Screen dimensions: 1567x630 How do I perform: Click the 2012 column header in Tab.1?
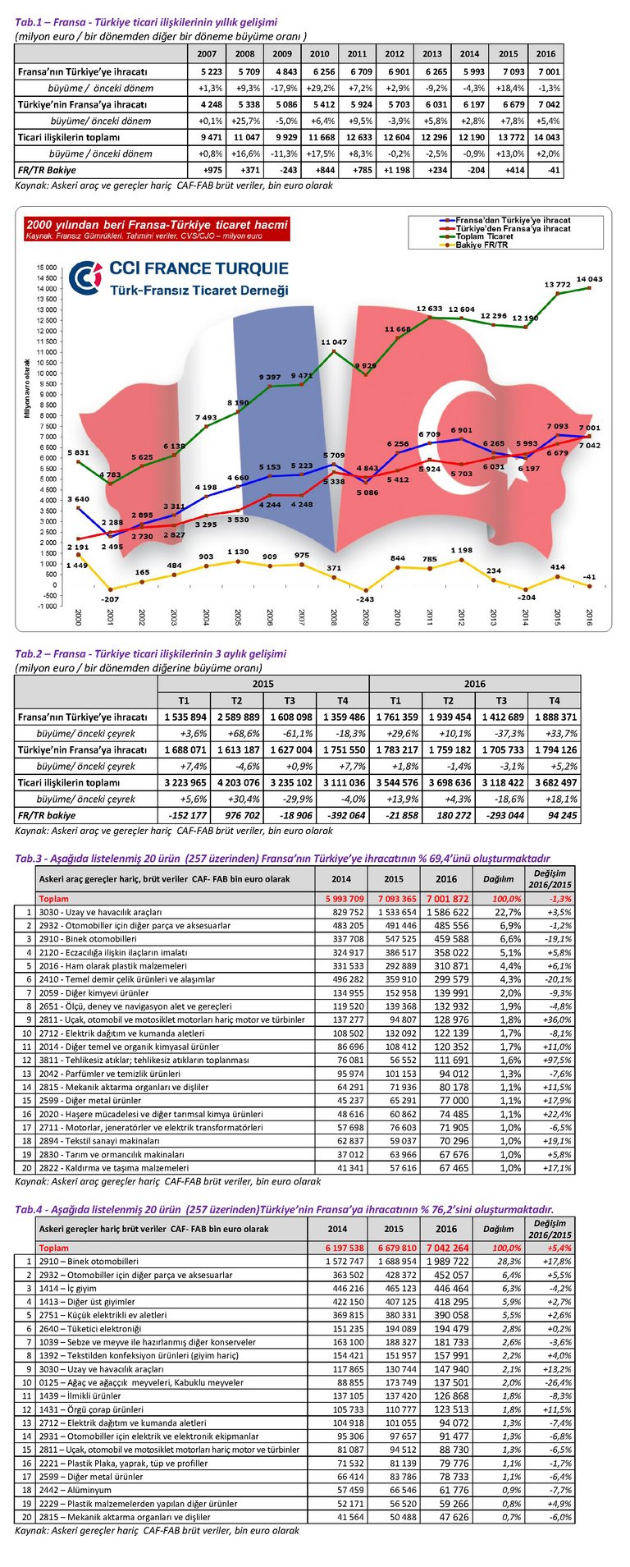click(395, 54)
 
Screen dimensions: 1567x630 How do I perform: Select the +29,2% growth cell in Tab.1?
click(319, 88)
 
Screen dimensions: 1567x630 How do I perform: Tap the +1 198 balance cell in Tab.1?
click(395, 170)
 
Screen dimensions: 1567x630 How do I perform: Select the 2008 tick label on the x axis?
click(333, 618)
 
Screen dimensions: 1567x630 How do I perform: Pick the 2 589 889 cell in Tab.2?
click(237, 717)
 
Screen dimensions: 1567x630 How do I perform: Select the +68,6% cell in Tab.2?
click(237, 733)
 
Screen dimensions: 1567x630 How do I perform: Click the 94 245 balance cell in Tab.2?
click(555, 815)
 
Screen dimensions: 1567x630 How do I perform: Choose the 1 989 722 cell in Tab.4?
click(446, 1261)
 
